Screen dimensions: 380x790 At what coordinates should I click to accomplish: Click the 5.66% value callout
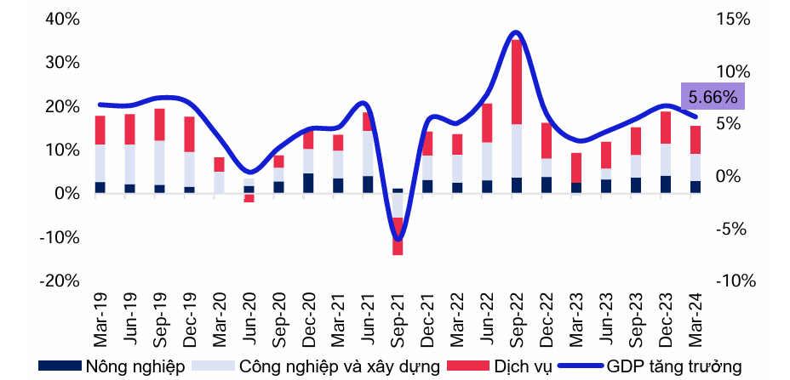pos(713,97)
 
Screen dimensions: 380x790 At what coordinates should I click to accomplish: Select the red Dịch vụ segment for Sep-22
pos(516,82)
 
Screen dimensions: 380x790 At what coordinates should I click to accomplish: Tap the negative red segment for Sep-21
pos(398,236)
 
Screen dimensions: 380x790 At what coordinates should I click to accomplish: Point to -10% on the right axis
pos(733,281)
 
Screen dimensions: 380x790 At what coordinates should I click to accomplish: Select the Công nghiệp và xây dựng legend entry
pos(317,366)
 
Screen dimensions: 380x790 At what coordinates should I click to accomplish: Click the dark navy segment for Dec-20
pos(308,184)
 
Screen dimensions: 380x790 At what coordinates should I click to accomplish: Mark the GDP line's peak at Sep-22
pos(515,32)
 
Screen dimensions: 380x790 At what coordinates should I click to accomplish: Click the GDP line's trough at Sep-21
pos(398,239)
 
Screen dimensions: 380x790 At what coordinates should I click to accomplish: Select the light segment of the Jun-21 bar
pos(368,153)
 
